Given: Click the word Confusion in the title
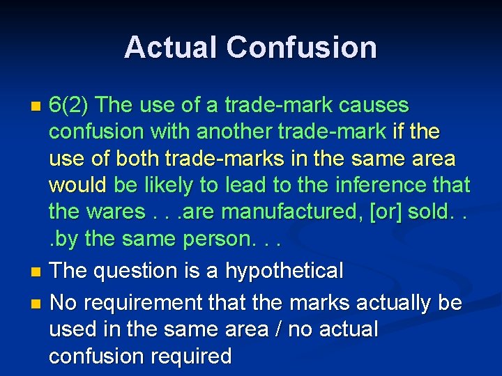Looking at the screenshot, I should click(x=301, y=47).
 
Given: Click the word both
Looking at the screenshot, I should click(x=137, y=159).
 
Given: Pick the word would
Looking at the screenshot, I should click(x=77, y=185).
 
